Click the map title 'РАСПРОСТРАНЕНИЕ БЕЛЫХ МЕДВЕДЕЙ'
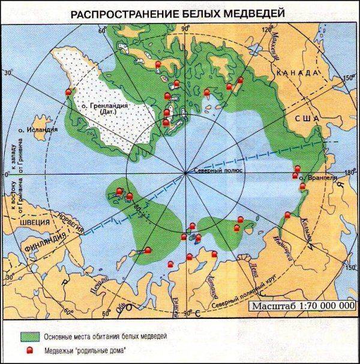tap(180, 13)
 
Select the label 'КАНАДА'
tap(296, 73)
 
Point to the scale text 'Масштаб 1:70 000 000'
tap(304, 306)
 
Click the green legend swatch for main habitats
tap(29, 335)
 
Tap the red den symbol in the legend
tap(29, 349)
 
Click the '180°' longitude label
tap(350, 174)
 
